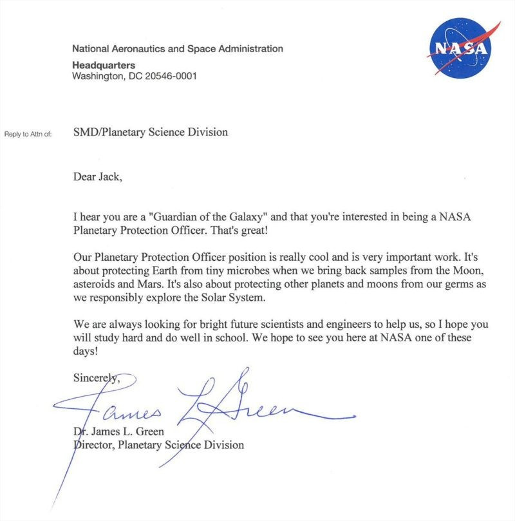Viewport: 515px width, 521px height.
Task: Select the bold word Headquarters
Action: tap(104, 65)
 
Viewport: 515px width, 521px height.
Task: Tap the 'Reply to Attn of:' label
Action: tap(28, 133)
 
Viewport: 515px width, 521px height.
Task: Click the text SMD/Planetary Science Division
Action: tap(150, 133)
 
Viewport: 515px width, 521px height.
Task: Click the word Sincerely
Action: tap(95, 379)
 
